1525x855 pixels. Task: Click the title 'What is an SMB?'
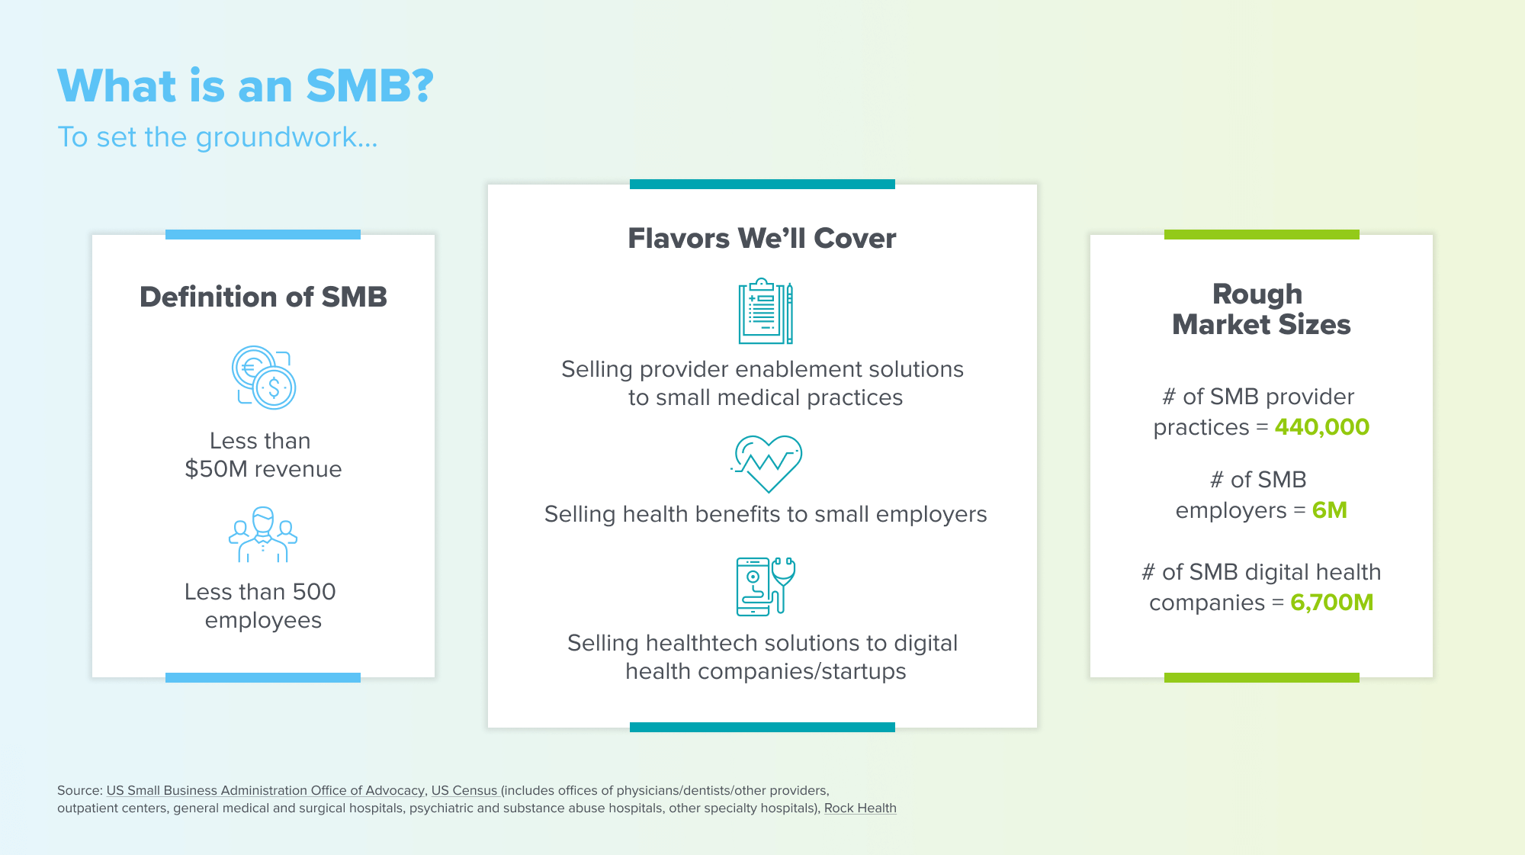tap(246, 85)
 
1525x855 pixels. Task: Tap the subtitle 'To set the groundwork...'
tap(217, 137)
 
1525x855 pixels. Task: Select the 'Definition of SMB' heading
tap(263, 297)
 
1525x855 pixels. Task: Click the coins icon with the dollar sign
tap(264, 378)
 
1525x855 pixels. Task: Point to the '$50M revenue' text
tap(263, 469)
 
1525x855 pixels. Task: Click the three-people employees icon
tap(263, 534)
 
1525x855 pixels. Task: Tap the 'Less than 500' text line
tap(260, 592)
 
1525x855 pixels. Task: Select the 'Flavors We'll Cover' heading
tap(762, 238)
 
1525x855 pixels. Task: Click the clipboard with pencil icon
tap(766, 311)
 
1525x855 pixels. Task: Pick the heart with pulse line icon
tap(766, 464)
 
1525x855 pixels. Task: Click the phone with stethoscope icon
tap(766, 586)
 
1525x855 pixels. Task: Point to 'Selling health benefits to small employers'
tap(766, 514)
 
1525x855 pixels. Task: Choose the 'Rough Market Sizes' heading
tap(1261, 309)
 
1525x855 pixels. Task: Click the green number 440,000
tap(1322, 427)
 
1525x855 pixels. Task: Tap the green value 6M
tap(1330, 510)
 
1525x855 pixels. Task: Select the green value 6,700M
tap(1332, 603)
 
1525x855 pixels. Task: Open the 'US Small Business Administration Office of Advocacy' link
tap(265, 791)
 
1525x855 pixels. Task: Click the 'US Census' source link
tap(464, 791)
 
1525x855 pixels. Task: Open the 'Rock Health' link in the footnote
tap(860, 808)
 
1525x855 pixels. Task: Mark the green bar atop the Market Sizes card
tap(1262, 234)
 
